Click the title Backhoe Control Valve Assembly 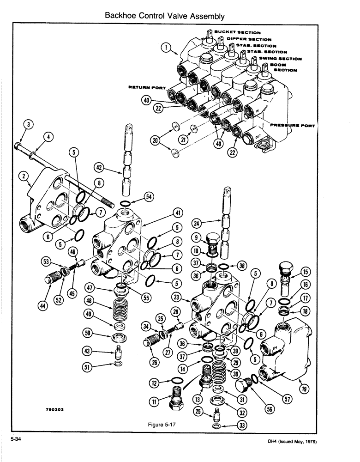165,16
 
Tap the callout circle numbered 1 167,46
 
